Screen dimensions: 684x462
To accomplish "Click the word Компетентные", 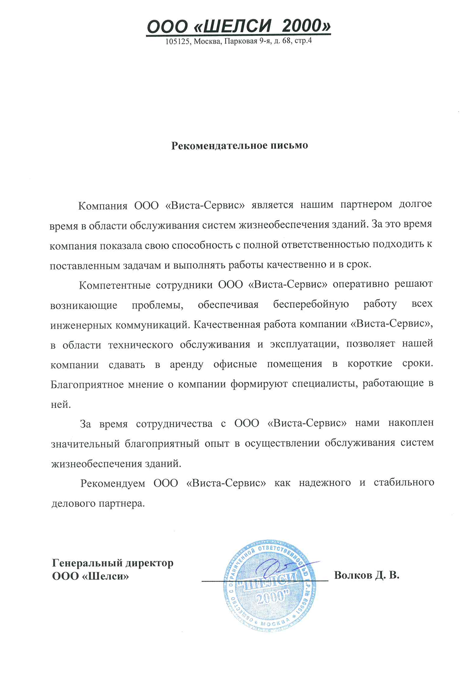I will coord(115,285).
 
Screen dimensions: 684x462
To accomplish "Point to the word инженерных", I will coord(81,325).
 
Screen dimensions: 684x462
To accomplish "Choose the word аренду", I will coord(187,364).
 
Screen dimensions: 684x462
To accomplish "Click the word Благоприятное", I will coord(87,384).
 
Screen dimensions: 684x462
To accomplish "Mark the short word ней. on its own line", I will coord(60,405).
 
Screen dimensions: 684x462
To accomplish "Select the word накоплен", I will coord(411,423).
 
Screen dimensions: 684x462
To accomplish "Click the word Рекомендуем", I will coord(113,483).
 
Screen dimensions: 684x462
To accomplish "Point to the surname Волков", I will coord(353,576).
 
